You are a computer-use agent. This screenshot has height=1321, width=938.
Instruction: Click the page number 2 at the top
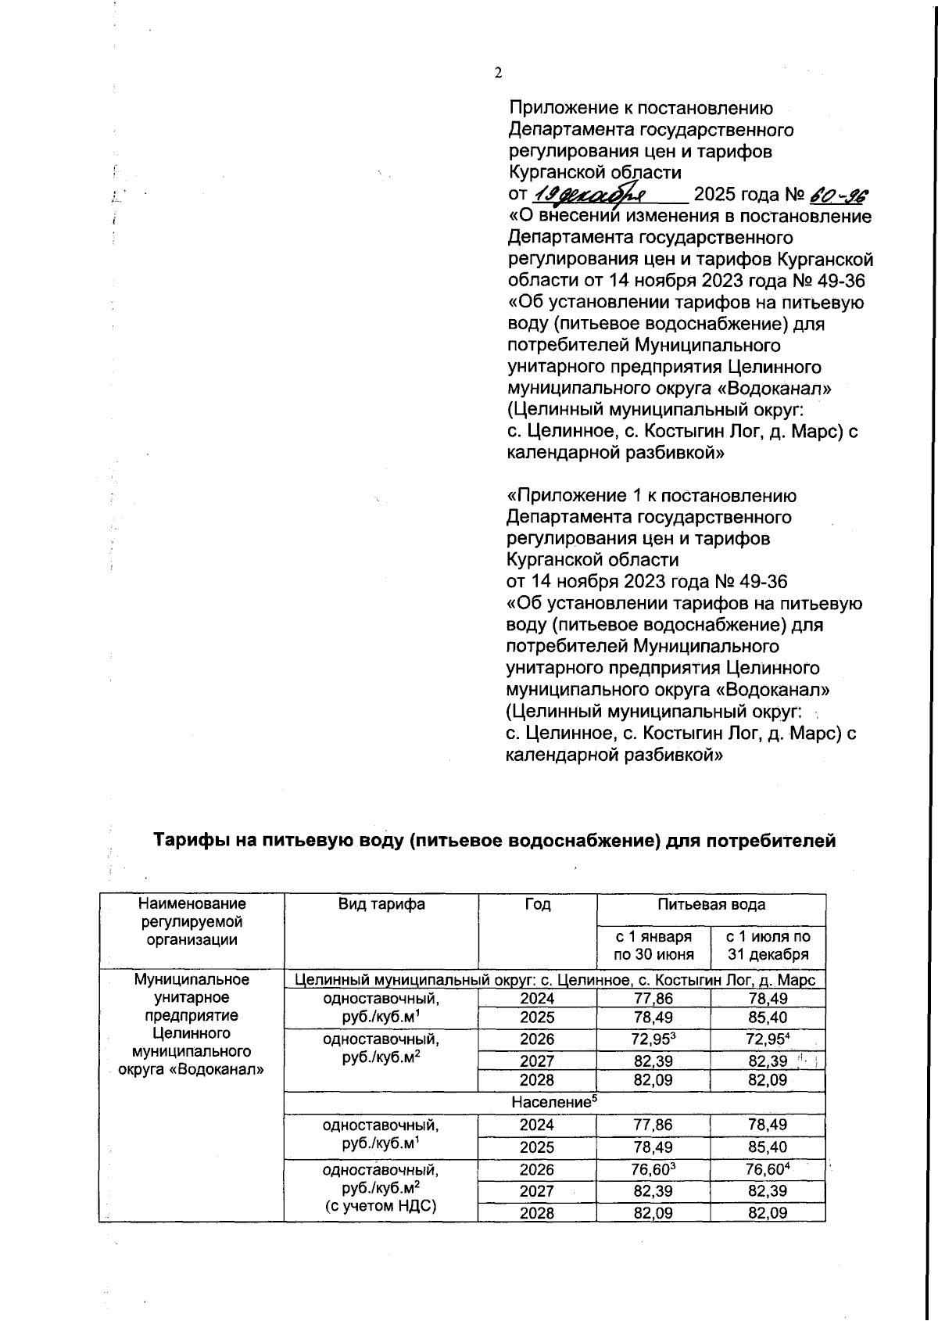(498, 73)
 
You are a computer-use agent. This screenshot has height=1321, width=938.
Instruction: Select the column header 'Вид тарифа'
(381, 904)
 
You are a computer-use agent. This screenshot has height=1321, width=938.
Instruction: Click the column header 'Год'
(537, 904)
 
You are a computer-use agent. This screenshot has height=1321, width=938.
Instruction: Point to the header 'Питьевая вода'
(711, 904)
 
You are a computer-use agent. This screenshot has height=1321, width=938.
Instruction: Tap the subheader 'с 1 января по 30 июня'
(653, 946)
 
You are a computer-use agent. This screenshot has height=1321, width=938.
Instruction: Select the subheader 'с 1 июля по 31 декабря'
(768, 946)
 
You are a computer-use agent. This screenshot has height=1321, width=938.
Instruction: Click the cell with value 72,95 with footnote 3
(653, 1039)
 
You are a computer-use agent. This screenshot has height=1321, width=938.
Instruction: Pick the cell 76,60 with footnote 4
(768, 1169)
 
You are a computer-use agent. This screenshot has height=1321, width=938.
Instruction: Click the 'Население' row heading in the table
(554, 1102)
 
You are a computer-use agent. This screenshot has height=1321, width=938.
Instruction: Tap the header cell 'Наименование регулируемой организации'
(192, 922)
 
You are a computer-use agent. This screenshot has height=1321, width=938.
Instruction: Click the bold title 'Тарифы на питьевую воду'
(493, 841)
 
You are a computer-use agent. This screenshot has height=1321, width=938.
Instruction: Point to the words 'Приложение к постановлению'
(641, 109)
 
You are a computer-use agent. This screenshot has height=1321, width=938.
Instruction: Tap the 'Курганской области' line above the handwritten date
(594, 172)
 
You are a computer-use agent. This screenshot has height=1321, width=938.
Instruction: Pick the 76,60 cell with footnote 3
(653, 1169)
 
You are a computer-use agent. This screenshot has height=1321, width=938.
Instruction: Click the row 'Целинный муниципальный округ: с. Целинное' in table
(554, 980)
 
